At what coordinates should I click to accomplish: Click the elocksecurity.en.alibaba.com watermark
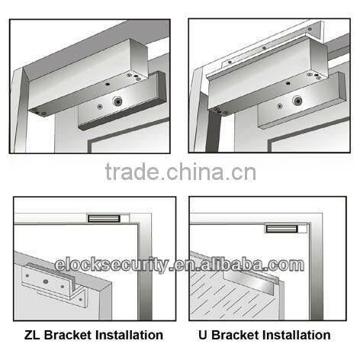(180, 266)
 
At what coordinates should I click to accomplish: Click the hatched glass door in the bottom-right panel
(221, 294)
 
